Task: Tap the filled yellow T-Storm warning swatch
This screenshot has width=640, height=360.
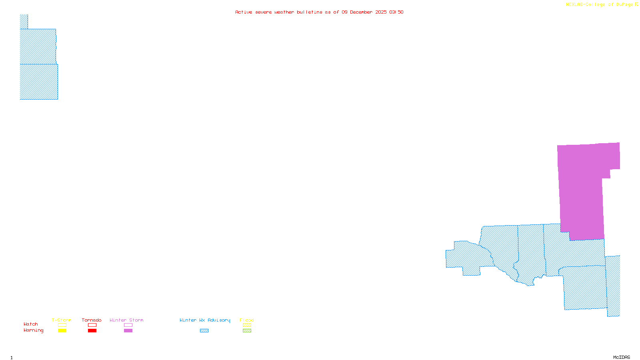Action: (62, 330)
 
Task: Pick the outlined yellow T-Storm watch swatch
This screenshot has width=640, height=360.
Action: (62, 325)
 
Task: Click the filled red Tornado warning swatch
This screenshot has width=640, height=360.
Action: (92, 330)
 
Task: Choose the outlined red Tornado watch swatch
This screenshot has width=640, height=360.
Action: (92, 325)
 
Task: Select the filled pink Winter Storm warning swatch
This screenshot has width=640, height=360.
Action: (128, 330)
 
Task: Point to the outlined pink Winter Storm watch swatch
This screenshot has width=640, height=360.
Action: (128, 325)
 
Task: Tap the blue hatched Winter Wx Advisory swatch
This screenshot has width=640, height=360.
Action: (204, 330)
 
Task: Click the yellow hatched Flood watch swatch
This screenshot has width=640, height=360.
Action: (247, 325)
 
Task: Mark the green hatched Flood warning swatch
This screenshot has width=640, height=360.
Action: (247, 330)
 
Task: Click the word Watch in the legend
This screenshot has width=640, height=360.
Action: (31, 324)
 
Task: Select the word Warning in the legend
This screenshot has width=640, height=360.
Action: (33, 330)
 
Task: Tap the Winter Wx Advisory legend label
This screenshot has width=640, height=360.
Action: (205, 320)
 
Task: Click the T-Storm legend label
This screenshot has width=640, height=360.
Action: (62, 320)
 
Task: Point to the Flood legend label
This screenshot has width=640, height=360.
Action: (247, 320)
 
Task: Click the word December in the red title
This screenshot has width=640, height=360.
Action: (361, 12)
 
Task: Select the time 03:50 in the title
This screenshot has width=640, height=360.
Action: (396, 12)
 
